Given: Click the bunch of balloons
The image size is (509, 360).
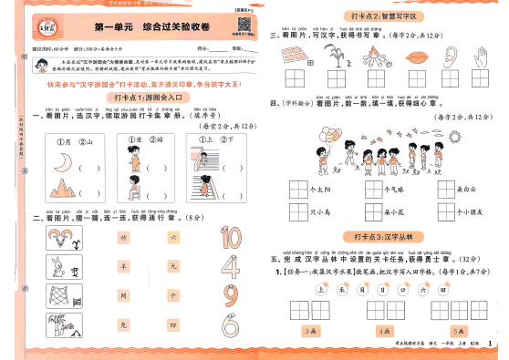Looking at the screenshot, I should (349, 145).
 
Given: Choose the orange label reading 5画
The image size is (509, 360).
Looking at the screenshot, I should (457, 330).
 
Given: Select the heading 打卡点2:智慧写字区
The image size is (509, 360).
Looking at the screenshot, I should (384, 16).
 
